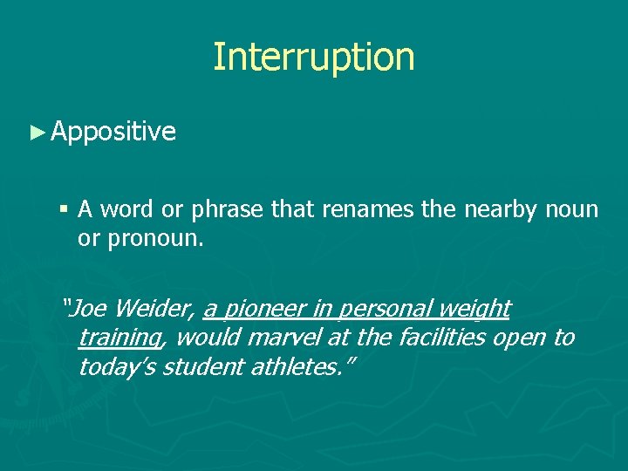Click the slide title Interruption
pyautogui.click(x=314, y=58)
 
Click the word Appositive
pyautogui.click(x=113, y=132)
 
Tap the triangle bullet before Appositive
pyautogui.click(x=36, y=133)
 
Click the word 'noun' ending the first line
pyautogui.click(x=572, y=210)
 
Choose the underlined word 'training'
pyautogui.click(x=119, y=338)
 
